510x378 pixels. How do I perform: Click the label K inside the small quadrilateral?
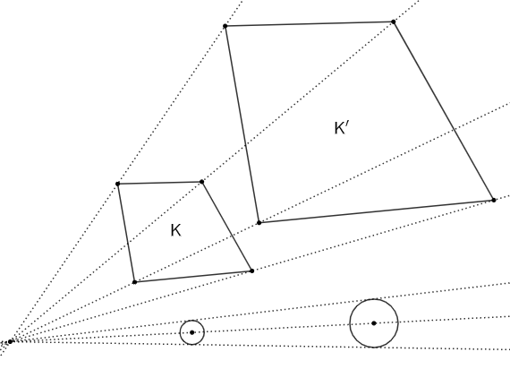pyautogui.click(x=175, y=230)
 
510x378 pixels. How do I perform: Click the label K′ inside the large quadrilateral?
pyautogui.click(x=342, y=127)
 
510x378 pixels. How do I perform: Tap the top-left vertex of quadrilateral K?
pyautogui.click(x=118, y=184)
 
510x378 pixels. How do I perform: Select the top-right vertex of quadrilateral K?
pyautogui.click(x=201, y=182)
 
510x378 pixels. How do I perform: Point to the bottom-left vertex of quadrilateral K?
pyautogui.click(x=134, y=282)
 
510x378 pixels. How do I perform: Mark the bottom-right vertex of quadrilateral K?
pyautogui.click(x=251, y=271)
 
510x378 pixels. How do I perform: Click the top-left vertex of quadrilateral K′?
pyautogui.click(x=225, y=26)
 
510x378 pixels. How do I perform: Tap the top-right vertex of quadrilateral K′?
pyautogui.click(x=394, y=21)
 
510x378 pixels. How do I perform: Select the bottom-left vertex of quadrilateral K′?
pyautogui.click(x=259, y=223)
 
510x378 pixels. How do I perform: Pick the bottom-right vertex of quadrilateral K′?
pyautogui.click(x=494, y=200)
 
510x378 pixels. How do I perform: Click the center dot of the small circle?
pyautogui.click(x=191, y=332)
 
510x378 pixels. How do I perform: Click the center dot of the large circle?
pyautogui.click(x=374, y=323)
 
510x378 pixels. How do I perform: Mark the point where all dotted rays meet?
pyautogui.click(x=11, y=341)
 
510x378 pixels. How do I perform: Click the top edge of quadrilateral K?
pyautogui.click(x=159, y=183)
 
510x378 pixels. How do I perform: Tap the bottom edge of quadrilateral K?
pyautogui.click(x=193, y=277)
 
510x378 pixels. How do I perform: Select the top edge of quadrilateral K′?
pyautogui.click(x=310, y=24)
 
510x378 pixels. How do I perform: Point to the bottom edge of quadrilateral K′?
pyautogui.click(x=377, y=211)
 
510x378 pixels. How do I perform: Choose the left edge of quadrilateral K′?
pyautogui.click(x=242, y=125)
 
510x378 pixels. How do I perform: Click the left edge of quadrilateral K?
pyautogui.click(x=126, y=233)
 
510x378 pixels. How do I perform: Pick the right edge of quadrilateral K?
pyautogui.click(x=226, y=227)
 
